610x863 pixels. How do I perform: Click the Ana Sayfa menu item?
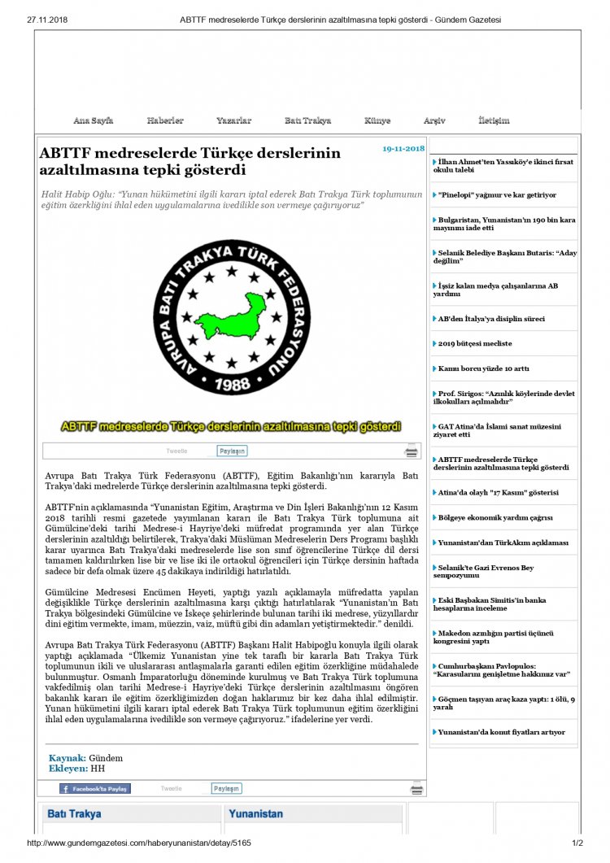tap(93, 120)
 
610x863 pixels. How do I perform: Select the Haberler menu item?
tap(165, 120)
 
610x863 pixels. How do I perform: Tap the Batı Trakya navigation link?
tap(307, 120)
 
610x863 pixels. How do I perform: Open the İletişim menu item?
tap(494, 120)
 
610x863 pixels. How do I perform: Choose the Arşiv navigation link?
tap(434, 120)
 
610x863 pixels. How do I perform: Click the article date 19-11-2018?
tap(403, 148)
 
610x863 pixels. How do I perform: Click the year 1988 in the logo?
tap(231, 383)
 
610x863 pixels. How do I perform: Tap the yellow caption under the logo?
tap(231, 426)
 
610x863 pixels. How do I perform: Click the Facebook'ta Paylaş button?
tap(94, 788)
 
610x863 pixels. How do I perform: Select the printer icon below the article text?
tap(416, 788)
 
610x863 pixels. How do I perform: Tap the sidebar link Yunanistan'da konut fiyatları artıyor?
tap(501, 732)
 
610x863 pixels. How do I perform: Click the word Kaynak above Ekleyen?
tap(67, 758)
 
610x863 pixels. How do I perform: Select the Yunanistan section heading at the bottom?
tap(255, 813)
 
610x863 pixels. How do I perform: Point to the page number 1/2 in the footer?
tap(577, 843)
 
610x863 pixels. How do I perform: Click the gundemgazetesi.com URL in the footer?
tap(139, 843)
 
